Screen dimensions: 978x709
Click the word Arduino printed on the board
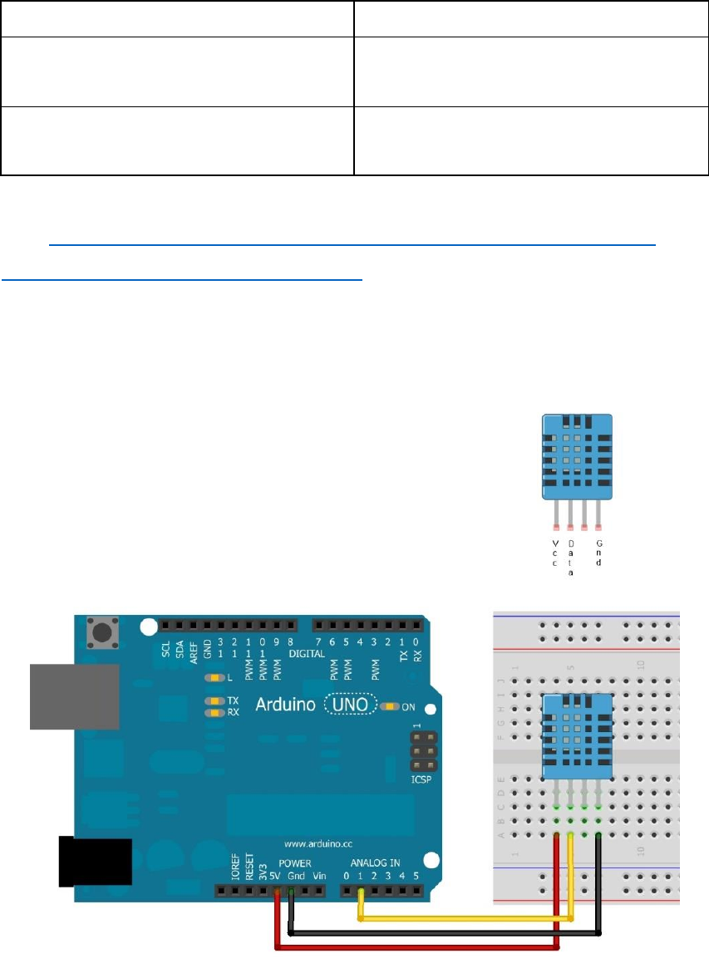coord(284,705)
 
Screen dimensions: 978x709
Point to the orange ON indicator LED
coord(389,706)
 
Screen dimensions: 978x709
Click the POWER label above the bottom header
coord(295,864)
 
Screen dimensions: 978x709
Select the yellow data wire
coord(465,919)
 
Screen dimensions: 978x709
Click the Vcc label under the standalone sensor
coord(555,553)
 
